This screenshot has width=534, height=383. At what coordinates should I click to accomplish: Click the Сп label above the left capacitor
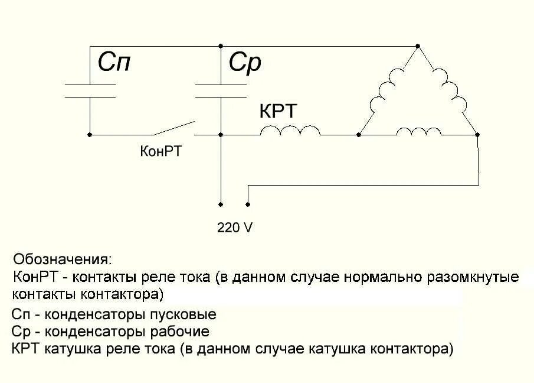click(114, 63)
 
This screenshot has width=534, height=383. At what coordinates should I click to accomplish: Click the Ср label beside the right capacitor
click(245, 63)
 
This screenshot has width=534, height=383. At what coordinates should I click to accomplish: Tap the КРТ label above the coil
click(279, 112)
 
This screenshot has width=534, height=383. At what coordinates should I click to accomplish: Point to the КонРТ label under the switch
click(160, 151)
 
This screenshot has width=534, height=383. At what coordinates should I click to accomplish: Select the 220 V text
click(235, 227)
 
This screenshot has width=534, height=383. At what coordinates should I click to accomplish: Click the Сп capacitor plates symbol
click(90, 90)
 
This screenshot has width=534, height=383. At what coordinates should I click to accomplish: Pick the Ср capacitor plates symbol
click(220, 90)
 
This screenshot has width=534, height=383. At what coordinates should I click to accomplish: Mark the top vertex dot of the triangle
click(418, 46)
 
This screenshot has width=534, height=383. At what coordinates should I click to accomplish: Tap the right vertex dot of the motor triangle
click(477, 135)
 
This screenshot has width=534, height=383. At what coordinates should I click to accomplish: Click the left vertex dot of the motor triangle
click(359, 135)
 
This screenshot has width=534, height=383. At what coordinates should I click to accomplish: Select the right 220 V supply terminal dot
click(247, 205)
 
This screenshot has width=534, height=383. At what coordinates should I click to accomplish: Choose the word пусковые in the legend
click(186, 314)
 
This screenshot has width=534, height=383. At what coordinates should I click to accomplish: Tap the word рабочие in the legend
click(179, 332)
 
